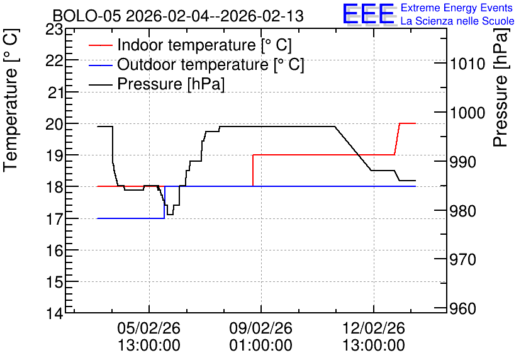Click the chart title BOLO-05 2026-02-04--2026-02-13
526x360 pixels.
coord(178,16)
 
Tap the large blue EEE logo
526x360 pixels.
coord(368,13)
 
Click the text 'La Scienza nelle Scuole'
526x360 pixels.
coord(457,21)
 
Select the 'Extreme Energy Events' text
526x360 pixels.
coord(457,8)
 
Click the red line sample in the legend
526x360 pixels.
coord(100,45)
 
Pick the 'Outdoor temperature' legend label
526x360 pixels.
coord(210,64)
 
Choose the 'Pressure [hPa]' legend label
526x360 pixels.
coord(171,84)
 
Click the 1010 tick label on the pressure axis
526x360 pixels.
coord(467,64)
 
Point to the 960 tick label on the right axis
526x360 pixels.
coord(462,308)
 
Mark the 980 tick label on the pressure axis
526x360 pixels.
coord(462,211)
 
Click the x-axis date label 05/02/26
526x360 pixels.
coord(148,328)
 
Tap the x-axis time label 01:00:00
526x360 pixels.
coord(260,345)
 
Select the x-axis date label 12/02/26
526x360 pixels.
coord(373,328)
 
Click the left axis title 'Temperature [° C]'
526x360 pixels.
coord(11,100)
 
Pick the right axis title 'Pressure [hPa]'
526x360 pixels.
coord(501,87)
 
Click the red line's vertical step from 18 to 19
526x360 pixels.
coord(252,171)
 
